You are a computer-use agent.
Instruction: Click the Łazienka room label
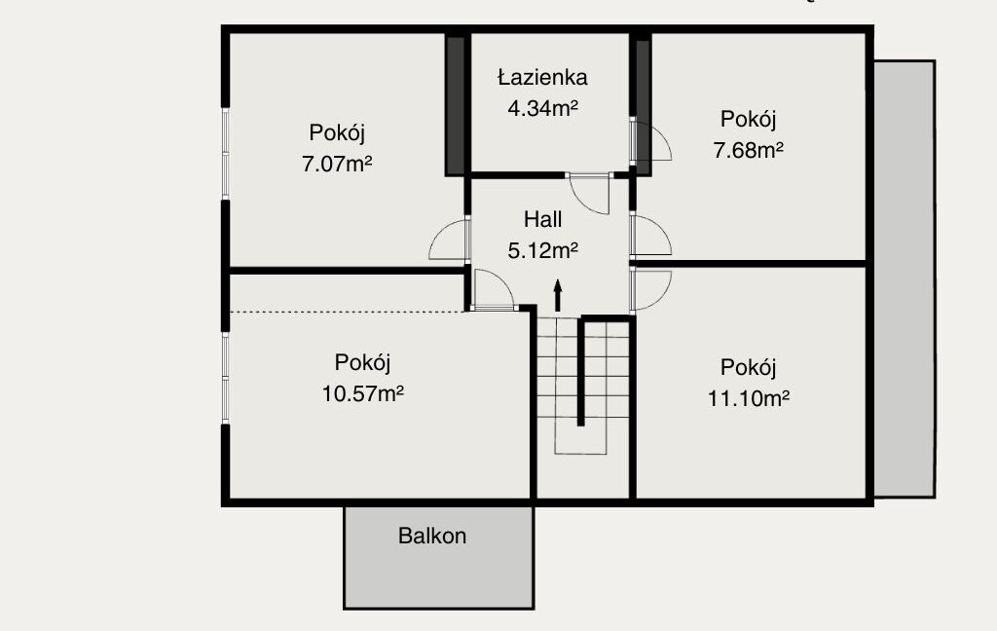tap(542, 77)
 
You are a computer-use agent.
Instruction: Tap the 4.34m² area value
tap(542, 108)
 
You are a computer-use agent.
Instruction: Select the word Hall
tap(542, 219)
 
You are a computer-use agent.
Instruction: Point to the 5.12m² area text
tap(542, 250)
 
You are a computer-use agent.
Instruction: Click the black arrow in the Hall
tap(558, 295)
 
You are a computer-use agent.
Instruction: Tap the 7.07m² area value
tap(336, 165)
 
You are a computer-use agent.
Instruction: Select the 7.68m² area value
tap(748, 150)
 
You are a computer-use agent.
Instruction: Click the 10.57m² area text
tap(362, 393)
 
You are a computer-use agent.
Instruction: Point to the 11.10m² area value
tap(749, 399)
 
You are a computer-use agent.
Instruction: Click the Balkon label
tap(432, 536)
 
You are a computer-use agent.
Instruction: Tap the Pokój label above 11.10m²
tap(749, 368)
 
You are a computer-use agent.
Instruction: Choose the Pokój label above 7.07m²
tap(336, 133)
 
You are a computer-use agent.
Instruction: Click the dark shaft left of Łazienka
tap(456, 105)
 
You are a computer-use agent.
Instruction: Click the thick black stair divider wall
tap(580, 372)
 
